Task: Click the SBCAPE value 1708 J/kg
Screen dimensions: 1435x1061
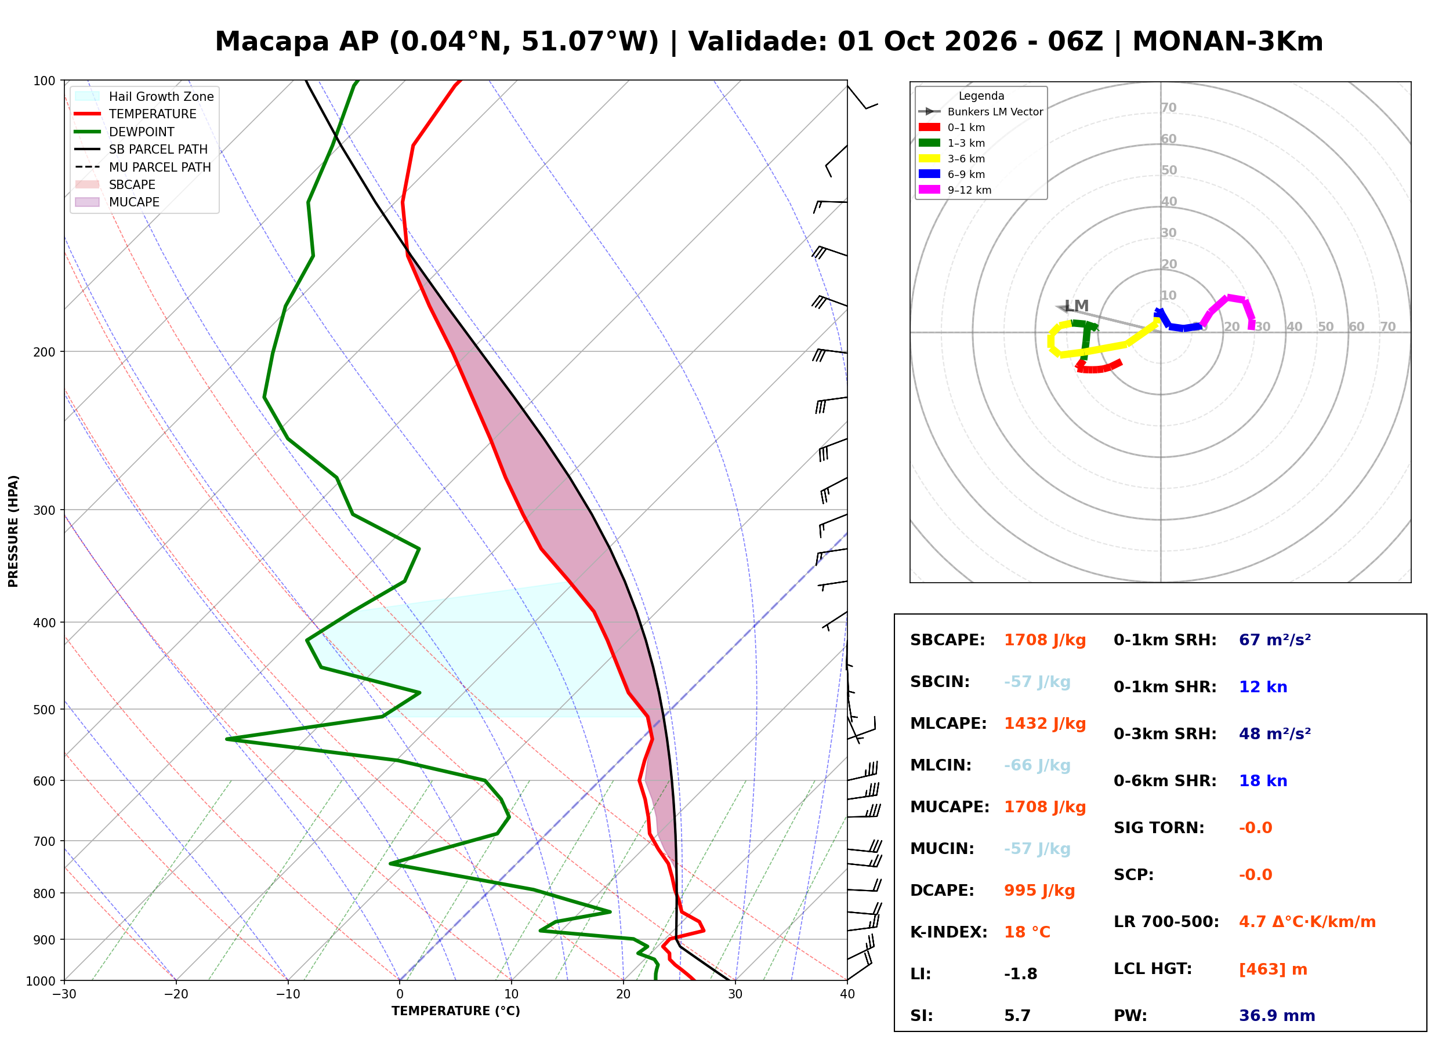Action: click(1045, 640)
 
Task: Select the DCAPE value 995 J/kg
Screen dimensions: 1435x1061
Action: click(1039, 891)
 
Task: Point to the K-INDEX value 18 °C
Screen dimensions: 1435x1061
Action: click(1027, 932)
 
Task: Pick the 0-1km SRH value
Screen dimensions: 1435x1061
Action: click(1275, 640)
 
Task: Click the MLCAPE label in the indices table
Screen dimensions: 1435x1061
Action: click(948, 724)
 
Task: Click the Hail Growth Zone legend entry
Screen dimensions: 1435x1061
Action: click(144, 96)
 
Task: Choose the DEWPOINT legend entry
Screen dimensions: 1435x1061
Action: click(125, 132)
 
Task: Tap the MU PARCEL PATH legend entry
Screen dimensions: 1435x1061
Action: click(143, 167)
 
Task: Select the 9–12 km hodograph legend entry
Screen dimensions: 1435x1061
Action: click(955, 190)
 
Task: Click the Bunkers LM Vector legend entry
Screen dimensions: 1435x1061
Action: click(981, 112)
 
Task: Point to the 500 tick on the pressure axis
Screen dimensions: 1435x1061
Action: click(44, 710)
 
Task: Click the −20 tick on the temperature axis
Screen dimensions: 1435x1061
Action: click(176, 994)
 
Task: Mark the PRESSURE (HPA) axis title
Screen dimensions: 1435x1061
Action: click(13, 531)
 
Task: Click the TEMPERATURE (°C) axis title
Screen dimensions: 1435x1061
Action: click(456, 1011)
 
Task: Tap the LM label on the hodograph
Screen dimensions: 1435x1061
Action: click(1077, 306)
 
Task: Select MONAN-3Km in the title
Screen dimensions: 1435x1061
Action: click(1227, 42)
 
